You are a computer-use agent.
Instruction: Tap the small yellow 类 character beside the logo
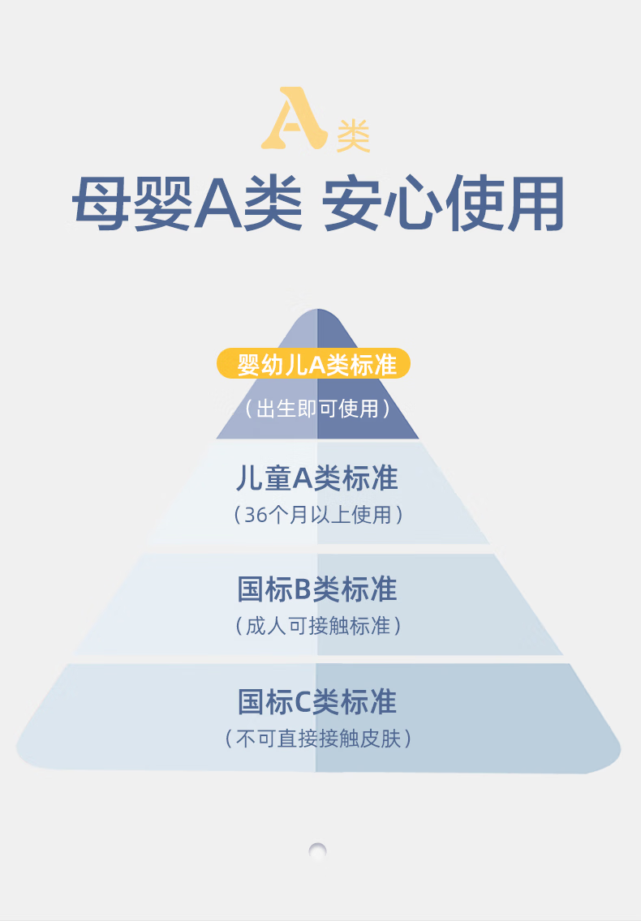pos(353,135)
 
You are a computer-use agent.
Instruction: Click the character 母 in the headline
pos(101,203)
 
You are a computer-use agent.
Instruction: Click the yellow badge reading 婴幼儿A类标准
pos(313,363)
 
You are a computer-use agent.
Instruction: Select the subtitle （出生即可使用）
pos(317,409)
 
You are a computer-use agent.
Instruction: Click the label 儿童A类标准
pos(317,478)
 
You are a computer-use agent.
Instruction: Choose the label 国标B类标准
pos(317,589)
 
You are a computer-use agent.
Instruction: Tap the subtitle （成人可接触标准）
pos(317,626)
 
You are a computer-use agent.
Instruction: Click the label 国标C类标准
pos(317,702)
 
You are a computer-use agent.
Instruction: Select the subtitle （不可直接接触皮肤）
pos(317,739)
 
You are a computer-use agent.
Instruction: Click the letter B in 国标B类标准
pos(303,589)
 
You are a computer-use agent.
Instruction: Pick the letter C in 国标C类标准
pos(303,702)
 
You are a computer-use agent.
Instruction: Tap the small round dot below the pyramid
pos(317,850)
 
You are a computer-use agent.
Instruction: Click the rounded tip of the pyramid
pos(317,311)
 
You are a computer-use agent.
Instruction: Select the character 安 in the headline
pos(351,203)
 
